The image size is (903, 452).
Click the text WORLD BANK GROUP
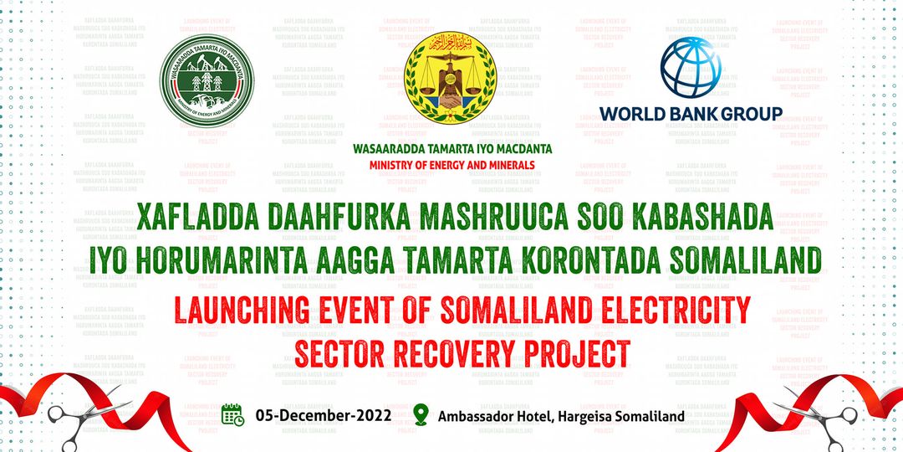(691, 113)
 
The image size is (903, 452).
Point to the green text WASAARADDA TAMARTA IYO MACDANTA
(451, 150)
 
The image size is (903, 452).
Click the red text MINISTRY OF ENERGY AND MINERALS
(451, 165)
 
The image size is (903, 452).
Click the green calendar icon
(232, 414)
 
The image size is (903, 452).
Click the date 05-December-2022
(324, 415)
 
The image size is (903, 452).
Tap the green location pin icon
(421, 414)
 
